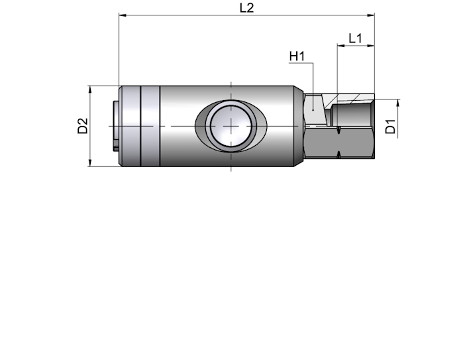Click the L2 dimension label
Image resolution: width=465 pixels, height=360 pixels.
point(246,8)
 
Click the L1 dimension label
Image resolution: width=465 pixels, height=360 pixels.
point(355,38)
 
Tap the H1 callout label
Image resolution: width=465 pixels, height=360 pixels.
point(297,56)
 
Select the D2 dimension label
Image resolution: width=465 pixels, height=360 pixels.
point(83,126)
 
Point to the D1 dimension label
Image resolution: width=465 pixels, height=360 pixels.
point(391,126)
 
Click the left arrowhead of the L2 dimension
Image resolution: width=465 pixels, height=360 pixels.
point(123,15)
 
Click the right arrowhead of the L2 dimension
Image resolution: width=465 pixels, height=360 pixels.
point(371,15)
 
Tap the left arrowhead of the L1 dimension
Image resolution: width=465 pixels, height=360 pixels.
point(340,46)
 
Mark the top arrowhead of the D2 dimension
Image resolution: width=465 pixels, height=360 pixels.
point(90,90)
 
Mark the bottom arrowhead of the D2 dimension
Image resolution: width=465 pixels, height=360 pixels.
point(90,162)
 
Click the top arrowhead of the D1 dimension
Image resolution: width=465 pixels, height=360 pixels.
point(398,103)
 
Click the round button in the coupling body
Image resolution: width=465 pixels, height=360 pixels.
point(231,126)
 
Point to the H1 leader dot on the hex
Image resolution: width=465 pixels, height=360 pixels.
point(313,110)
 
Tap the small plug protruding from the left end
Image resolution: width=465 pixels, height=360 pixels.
point(116,126)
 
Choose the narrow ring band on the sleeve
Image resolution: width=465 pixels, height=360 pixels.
point(150,126)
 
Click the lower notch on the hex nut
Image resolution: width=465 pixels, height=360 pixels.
point(338,154)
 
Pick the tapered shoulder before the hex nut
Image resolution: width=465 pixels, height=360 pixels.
point(299,126)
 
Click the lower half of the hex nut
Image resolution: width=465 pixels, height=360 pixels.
point(339,143)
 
